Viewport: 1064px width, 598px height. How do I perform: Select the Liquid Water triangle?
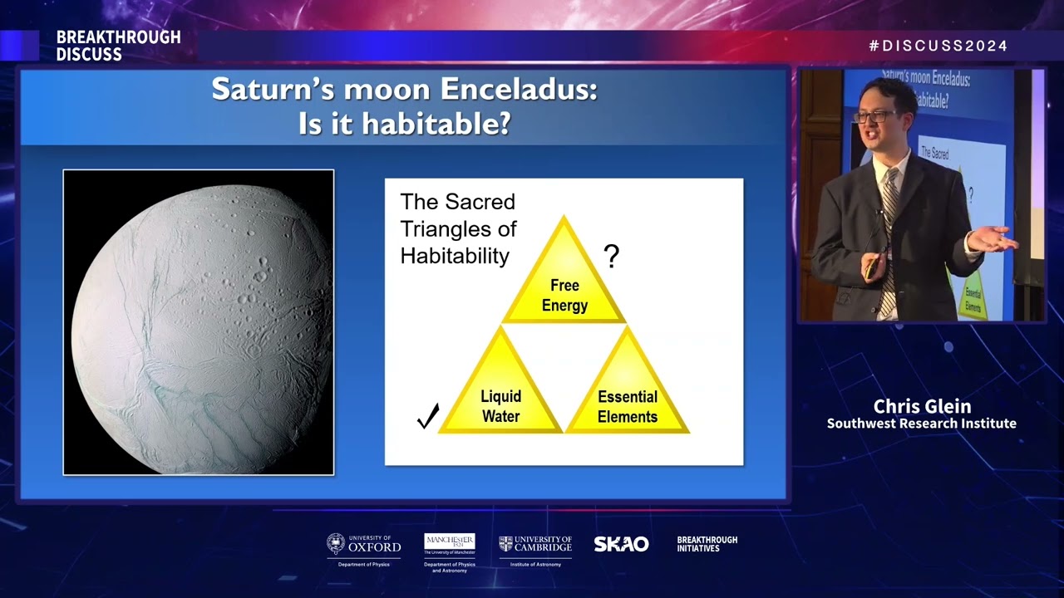pos(500,395)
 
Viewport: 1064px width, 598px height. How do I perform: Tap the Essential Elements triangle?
pos(627,395)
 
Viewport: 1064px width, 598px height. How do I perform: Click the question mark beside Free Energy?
pos(611,257)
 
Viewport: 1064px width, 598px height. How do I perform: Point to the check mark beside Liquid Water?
pos(427,416)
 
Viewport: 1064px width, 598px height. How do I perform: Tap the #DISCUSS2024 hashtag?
pos(938,47)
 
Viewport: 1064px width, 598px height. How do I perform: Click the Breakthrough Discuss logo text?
pos(118,47)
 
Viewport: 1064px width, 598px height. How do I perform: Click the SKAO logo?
pos(621,544)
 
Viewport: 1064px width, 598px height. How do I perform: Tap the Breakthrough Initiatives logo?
pos(707,544)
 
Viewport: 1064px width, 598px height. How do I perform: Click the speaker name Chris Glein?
pos(921,406)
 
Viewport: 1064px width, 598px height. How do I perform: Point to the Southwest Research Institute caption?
pos(921,424)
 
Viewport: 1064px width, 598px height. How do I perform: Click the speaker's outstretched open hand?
pos(993,238)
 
